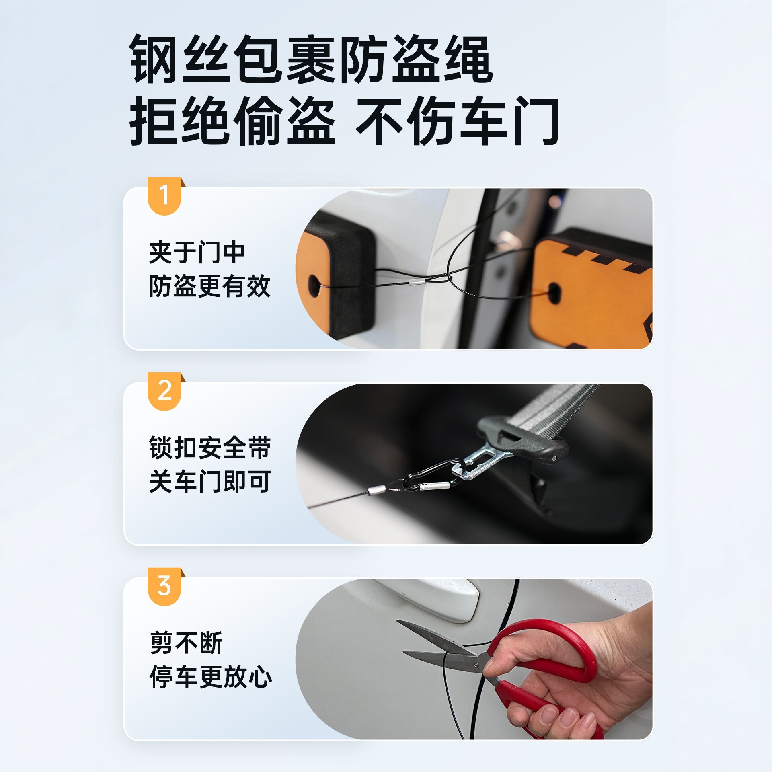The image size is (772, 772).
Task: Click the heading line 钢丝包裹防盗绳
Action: click(311, 59)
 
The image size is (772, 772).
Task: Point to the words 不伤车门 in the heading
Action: click(457, 121)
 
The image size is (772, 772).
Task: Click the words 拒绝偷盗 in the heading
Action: click(232, 121)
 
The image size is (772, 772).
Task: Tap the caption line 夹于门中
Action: click(197, 253)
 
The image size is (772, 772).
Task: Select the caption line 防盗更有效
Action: click(210, 286)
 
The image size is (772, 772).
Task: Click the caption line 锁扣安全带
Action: click(210, 448)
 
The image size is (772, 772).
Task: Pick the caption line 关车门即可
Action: click(210, 482)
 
